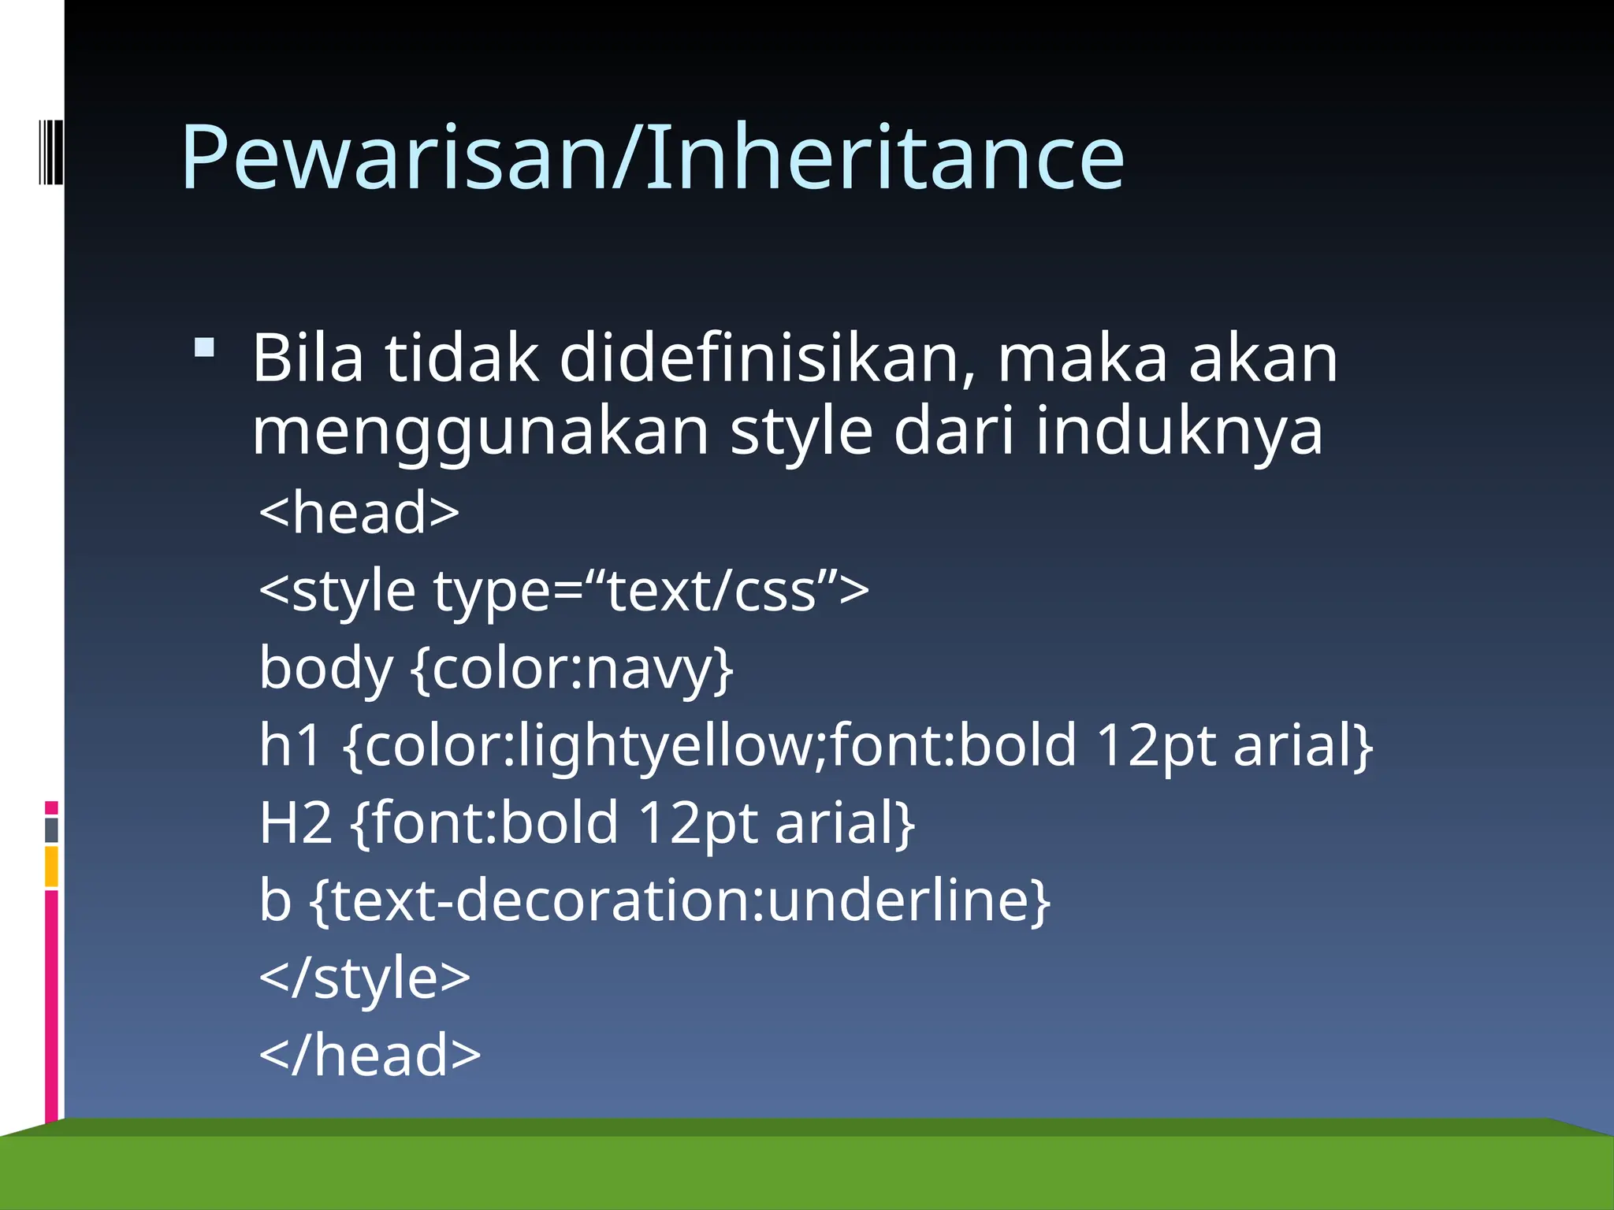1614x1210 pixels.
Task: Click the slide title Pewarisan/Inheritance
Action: pyautogui.click(x=653, y=158)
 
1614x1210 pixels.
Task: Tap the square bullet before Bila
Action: pyautogui.click(x=204, y=347)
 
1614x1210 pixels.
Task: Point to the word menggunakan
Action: pyautogui.click(x=481, y=432)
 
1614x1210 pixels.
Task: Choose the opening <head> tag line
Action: pyautogui.click(x=359, y=512)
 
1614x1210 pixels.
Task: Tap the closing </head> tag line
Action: pyautogui.click(x=370, y=1055)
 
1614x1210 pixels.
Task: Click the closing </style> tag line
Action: pyautogui.click(x=364, y=978)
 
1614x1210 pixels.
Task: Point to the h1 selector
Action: pyautogui.click(x=290, y=744)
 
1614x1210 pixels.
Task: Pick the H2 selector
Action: pyautogui.click(x=296, y=822)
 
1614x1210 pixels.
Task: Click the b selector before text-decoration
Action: pyautogui.click(x=275, y=900)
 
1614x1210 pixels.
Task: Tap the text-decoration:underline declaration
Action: pyautogui.click(x=681, y=900)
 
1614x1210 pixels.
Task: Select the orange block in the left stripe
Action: pyautogui.click(x=51, y=867)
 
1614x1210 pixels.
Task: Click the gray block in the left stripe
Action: pyautogui.click(x=51, y=830)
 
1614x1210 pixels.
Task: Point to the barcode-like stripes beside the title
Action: pyautogui.click(x=50, y=151)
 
